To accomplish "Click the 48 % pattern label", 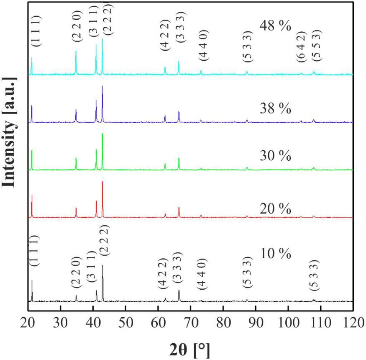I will point(275,26).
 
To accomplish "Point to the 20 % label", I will point(273,208).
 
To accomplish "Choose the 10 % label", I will point(275,254).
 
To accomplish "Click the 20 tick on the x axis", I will point(28,322).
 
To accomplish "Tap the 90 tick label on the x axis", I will point(256,322).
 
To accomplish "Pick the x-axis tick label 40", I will point(93,322).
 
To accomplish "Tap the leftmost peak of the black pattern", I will point(32,281).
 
